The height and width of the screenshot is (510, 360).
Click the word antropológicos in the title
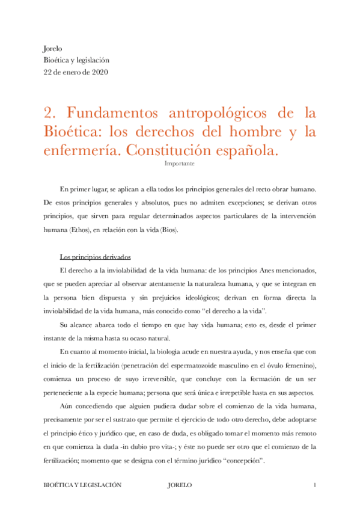(218, 112)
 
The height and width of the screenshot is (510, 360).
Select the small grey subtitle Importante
(179, 162)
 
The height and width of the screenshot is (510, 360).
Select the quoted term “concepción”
(244, 461)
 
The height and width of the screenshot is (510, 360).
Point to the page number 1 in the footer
(314, 484)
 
